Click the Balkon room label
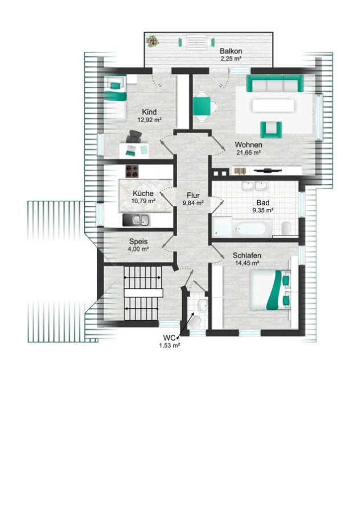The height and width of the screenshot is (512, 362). click(231, 51)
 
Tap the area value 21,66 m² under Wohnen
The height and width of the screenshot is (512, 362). click(248, 152)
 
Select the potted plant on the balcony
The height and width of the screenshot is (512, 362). click(152, 42)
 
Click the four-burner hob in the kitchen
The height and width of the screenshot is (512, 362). click(132, 171)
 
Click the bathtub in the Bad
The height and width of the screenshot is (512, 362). click(252, 228)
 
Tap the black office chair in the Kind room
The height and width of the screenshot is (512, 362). click(134, 136)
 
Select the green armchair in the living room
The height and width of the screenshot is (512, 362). click(271, 129)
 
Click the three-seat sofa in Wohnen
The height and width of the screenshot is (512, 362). click(275, 83)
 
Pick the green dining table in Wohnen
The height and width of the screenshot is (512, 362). click(201, 106)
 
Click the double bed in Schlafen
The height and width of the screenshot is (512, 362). click(270, 290)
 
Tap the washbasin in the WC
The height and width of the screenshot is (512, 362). click(202, 305)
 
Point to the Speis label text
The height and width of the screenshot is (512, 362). click(138, 242)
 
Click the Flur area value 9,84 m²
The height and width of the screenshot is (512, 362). click(193, 203)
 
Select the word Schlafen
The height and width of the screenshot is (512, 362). click(246, 255)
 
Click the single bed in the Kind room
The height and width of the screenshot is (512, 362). click(116, 98)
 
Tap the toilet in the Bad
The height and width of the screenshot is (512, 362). click(286, 228)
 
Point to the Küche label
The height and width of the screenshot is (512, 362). click(143, 193)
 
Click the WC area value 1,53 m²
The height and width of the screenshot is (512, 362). click(169, 345)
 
